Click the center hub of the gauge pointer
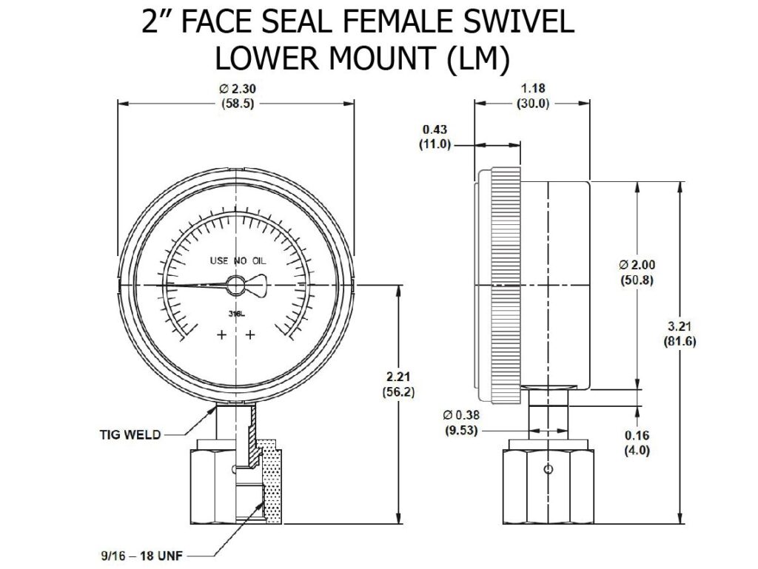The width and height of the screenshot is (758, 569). pyautogui.click(x=236, y=286)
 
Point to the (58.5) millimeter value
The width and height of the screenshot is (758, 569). pyautogui.click(x=237, y=104)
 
